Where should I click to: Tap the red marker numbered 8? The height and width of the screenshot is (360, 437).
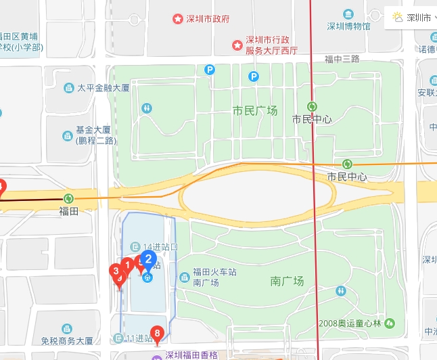point(158,334)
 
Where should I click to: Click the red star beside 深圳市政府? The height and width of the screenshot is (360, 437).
point(177,18)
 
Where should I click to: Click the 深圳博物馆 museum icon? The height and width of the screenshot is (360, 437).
point(348,14)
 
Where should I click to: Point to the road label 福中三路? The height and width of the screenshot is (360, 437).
point(342,59)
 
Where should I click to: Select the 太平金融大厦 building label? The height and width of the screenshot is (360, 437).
point(103,88)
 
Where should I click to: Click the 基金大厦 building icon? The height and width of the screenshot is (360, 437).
point(68,135)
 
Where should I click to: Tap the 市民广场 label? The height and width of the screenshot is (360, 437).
point(254,111)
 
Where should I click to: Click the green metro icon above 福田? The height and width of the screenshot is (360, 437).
point(68,198)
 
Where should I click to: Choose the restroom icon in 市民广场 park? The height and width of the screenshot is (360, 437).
point(147,108)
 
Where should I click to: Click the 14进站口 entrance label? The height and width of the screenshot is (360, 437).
point(160,246)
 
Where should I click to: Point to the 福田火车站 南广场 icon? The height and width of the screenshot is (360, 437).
point(185,277)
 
